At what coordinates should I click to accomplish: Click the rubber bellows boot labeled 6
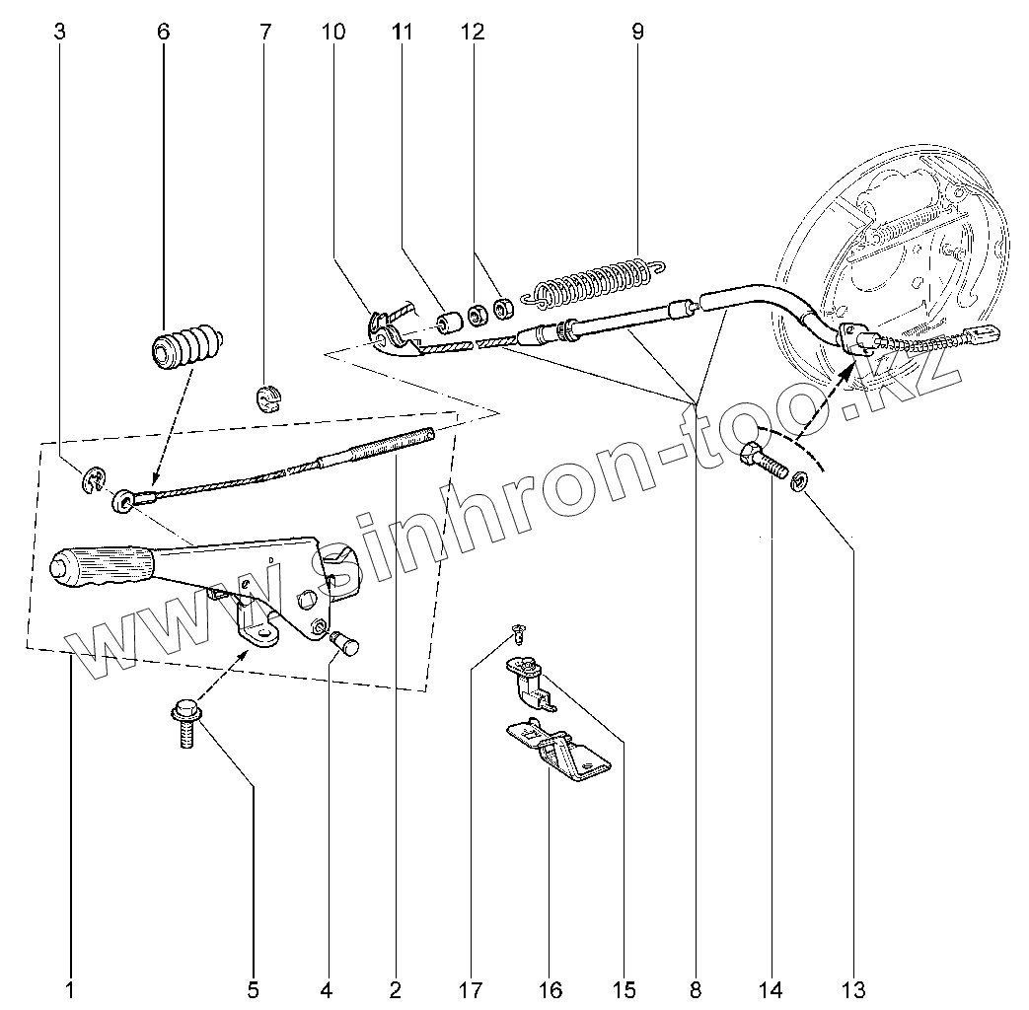click(x=187, y=348)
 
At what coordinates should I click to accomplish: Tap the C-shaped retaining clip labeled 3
click(x=94, y=481)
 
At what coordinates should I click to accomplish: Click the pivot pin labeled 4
click(x=346, y=642)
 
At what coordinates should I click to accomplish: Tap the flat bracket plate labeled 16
click(x=558, y=751)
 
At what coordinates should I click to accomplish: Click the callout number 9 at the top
click(x=637, y=32)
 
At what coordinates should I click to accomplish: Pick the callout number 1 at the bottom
click(x=70, y=989)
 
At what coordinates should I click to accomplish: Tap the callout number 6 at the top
click(x=163, y=32)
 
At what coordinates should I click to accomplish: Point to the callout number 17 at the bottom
click(x=471, y=989)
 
